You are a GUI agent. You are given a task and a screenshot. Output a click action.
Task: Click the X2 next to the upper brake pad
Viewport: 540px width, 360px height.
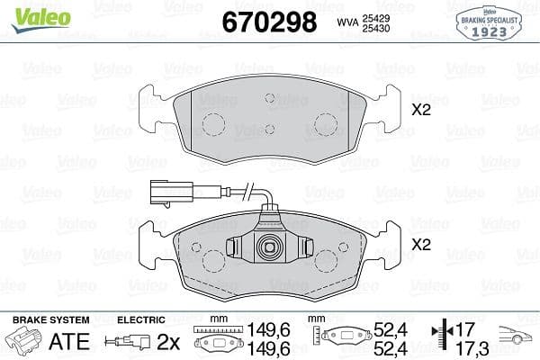coord(420,112)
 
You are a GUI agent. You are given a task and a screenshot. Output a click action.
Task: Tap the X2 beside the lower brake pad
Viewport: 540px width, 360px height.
coord(420,244)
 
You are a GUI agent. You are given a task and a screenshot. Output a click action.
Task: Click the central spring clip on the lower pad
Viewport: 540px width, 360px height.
coord(268,247)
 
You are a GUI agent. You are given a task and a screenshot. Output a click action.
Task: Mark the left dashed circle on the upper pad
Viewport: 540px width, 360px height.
coord(214,125)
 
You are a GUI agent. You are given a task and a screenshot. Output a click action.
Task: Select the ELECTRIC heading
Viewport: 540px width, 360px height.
coord(140,319)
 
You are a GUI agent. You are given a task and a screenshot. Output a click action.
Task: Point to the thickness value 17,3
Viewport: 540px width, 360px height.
coord(467,347)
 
